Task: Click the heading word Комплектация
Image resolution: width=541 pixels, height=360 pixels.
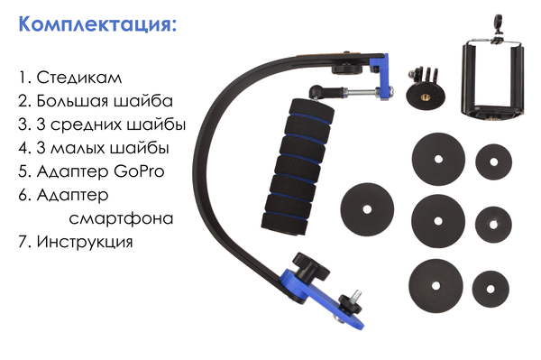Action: pyautogui.click(x=97, y=25)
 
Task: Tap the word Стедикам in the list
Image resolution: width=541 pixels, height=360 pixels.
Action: pyautogui.click(x=79, y=78)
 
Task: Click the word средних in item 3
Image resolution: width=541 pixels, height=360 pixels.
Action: pyautogui.click(x=87, y=125)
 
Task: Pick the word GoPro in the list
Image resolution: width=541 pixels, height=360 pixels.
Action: pyautogui.click(x=139, y=171)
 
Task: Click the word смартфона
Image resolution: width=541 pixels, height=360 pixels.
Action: pyautogui.click(x=121, y=218)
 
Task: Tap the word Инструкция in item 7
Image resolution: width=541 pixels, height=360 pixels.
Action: pyautogui.click(x=85, y=242)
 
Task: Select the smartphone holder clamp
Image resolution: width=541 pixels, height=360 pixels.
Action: pyautogui.click(x=492, y=79)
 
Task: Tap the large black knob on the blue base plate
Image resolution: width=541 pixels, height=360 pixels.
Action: pyautogui.click(x=310, y=267)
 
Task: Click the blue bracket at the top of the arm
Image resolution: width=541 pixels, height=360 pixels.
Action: pyautogui.click(x=382, y=77)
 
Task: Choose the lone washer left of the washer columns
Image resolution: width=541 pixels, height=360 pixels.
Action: pyautogui.click(x=367, y=209)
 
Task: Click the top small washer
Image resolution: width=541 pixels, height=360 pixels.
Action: pyautogui.click(x=493, y=162)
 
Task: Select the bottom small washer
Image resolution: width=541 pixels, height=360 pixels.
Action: pyautogui.click(x=491, y=289)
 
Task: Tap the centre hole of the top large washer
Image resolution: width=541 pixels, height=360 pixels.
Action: pyautogui.click(x=438, y=159)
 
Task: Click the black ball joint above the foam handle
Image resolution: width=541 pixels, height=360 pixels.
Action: pyautogui.click(x=316, y=91)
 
